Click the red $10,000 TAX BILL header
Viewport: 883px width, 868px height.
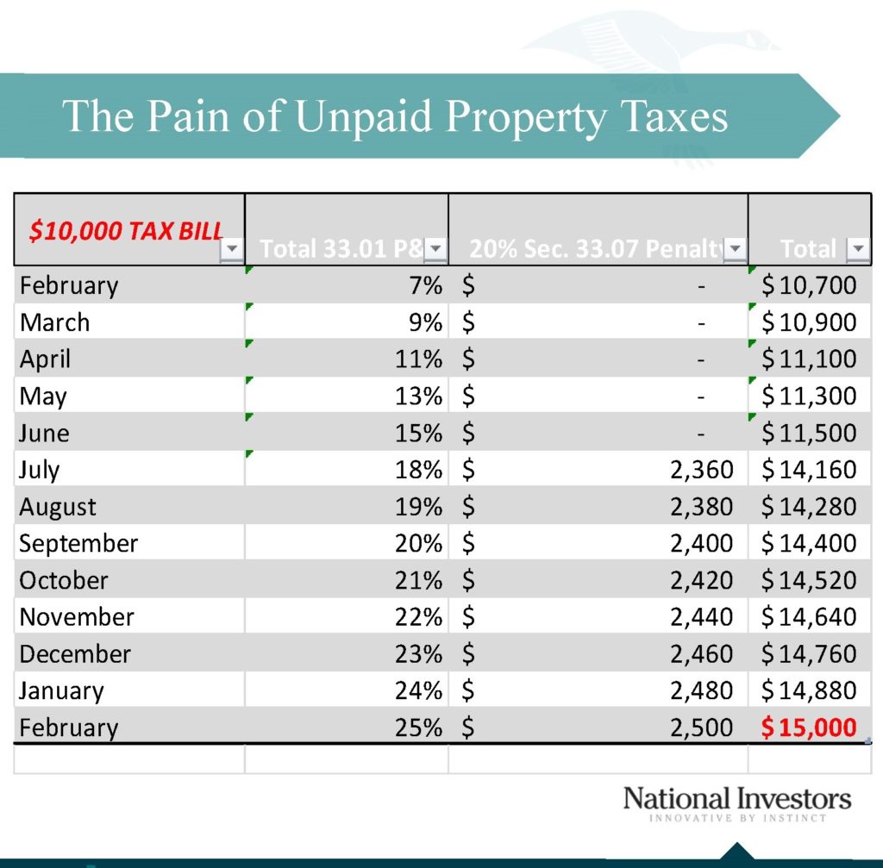[126, 230]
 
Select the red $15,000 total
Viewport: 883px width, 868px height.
[809, 727]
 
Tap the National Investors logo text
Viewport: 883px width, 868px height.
[736, 798]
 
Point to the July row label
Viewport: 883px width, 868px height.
[40, 470]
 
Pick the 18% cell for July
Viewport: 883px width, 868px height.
[419, 470]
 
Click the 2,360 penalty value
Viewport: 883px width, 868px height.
[701, 470]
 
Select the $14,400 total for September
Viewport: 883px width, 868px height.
[809, 544]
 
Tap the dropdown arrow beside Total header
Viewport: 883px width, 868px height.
[857, 250]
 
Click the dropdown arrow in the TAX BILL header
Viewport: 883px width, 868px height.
[232, 250]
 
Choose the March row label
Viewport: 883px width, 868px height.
[54, 322]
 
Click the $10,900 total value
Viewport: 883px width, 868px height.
[809, 322]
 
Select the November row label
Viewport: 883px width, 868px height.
[77, 617]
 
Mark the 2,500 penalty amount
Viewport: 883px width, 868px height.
[701, 727]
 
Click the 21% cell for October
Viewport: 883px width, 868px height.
[419, 580]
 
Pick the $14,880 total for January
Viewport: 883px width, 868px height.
[809, 690]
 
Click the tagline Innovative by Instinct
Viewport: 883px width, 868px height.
[736, 818]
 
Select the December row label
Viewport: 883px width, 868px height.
[75, 654]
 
